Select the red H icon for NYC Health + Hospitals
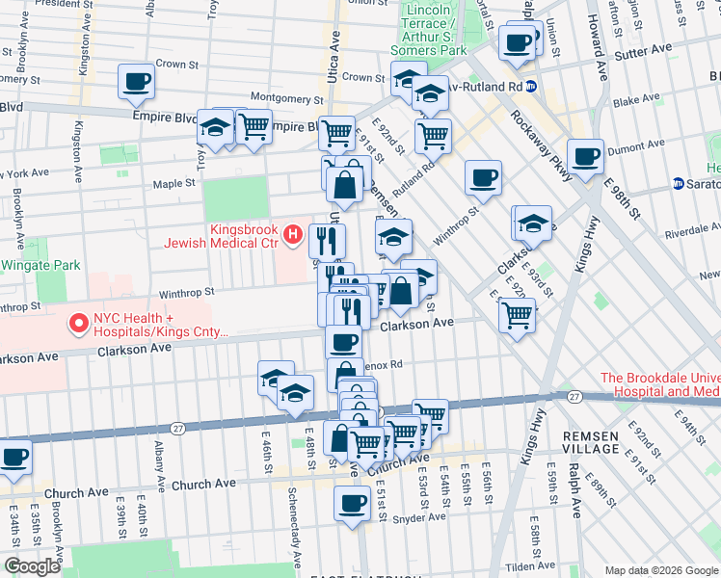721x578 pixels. coord(76,324)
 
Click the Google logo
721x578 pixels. coord(32,565)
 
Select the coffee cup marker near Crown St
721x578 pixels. coord(136,81)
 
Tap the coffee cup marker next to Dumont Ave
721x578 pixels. coord(585,155)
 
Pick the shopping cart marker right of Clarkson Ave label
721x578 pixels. coord(518,313)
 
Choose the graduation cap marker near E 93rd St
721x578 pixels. coord(533,223)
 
